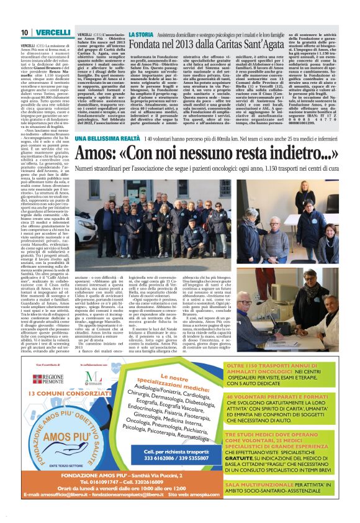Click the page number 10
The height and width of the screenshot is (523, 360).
(24, 32)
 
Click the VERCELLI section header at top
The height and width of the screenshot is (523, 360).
(52, 32)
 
